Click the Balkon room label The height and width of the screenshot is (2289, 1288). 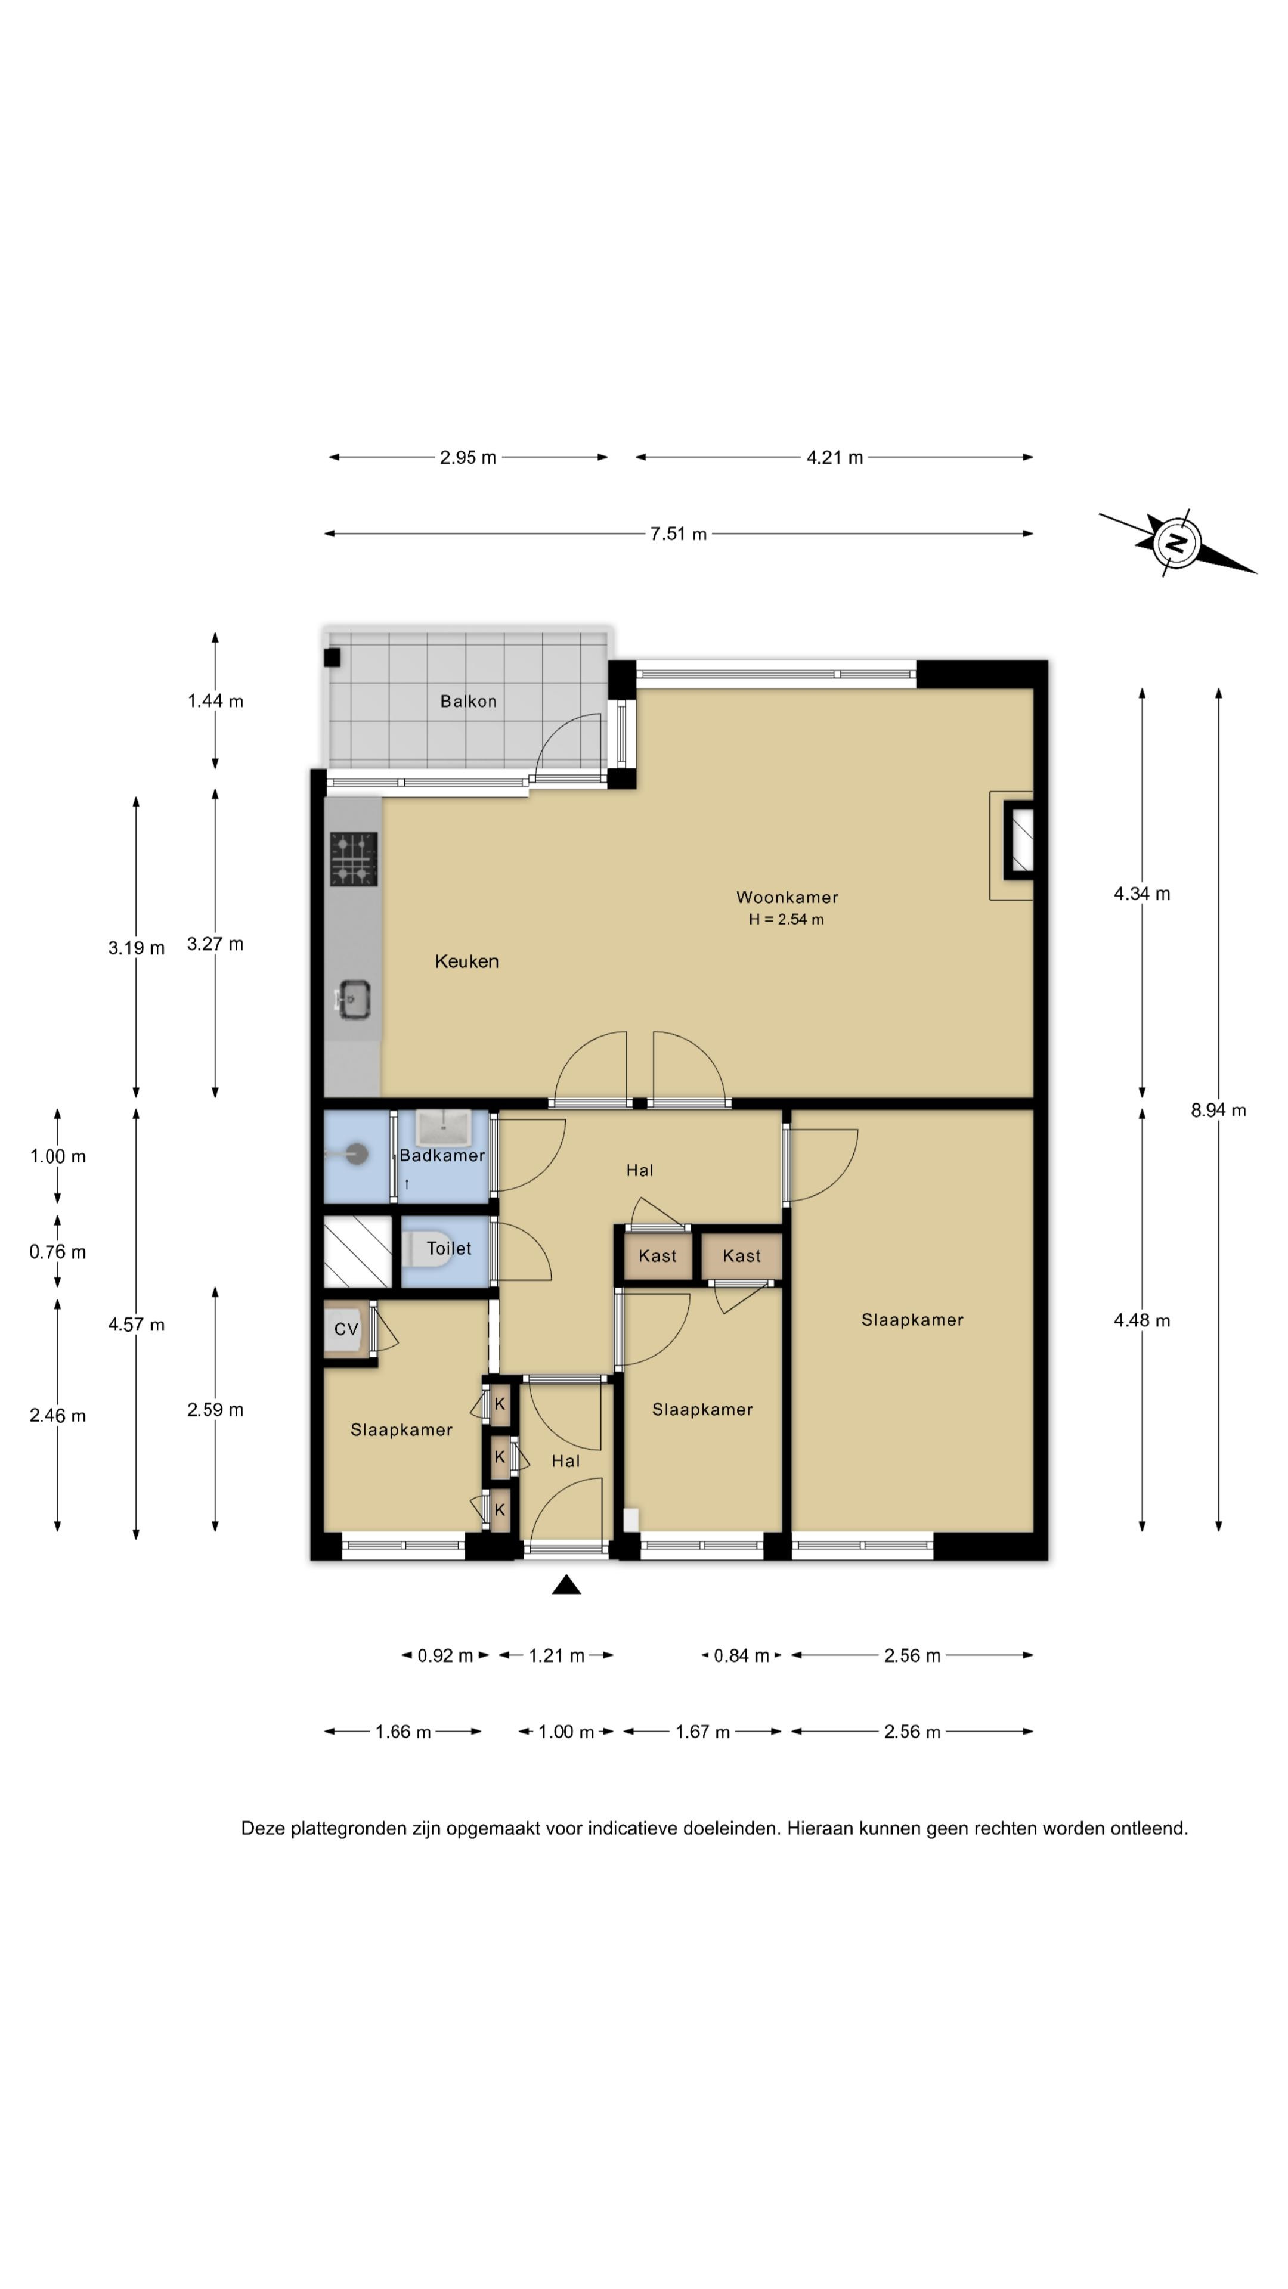tap(469, 701)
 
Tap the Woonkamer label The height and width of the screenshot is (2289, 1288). tap(787, 898)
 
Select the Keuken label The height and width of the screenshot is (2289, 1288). tap(467, 961)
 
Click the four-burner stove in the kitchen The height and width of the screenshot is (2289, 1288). tap(354, 858)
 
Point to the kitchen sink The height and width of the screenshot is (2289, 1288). tap(353, 1000)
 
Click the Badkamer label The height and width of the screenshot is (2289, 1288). tap(442, 1155)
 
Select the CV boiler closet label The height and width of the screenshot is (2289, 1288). tap(346, 1329)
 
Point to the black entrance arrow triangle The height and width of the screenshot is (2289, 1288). tap(566, 1584)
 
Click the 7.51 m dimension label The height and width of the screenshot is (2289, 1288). tap(678, 534)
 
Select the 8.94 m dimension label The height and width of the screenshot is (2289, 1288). tap(1219, 1110)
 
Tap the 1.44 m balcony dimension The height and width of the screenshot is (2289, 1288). tap(215, 701)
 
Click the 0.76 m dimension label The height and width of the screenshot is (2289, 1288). tap(58, 1252)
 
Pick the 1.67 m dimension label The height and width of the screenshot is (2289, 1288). tap(702, 1732)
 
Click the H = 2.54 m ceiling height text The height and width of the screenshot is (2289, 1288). tap(786, 920)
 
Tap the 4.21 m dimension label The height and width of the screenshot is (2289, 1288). tap(835, 458)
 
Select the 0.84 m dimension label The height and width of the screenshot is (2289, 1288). tap(741, 1655)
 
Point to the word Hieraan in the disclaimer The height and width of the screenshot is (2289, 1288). tap(819, 1829)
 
